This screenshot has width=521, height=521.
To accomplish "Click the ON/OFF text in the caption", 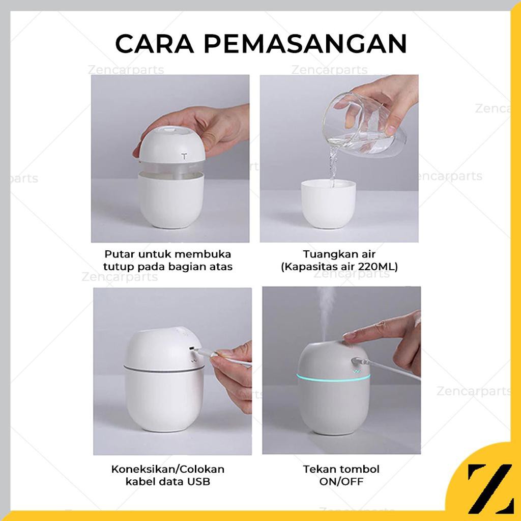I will (x=341, y=481).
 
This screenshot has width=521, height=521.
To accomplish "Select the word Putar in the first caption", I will (x=118, y=253).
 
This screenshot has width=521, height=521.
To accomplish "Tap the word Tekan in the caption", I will (x=320, y=469).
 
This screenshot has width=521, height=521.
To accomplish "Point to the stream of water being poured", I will (x=333, y=163).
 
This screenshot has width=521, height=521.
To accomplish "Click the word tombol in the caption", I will (x=361, y=469).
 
